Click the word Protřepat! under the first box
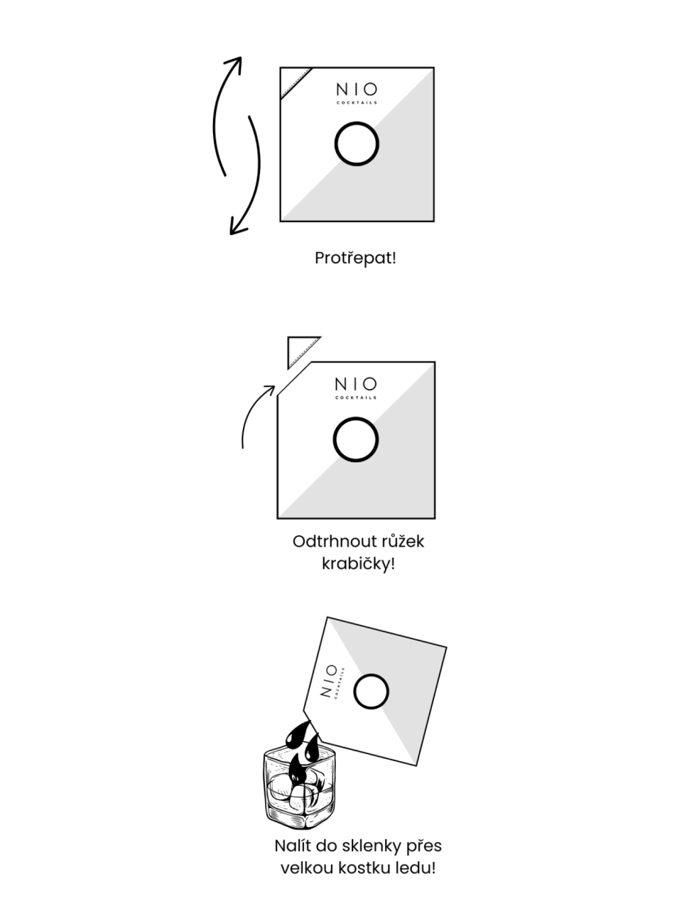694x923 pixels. pyautogui.click(x=355, y=258)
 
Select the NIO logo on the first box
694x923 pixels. pyautogui.click(x=357, y=93)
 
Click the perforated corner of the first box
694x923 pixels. pyautogui.click(x=296, y=82)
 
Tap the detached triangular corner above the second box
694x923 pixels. pyautogui.click(x=300, y=350)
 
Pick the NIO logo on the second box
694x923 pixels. pyautogui.click(x=356, y=388)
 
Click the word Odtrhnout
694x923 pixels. pyautogui.click(x=328, y=542)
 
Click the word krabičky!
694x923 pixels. pyautogui.click(x=358, y=564)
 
